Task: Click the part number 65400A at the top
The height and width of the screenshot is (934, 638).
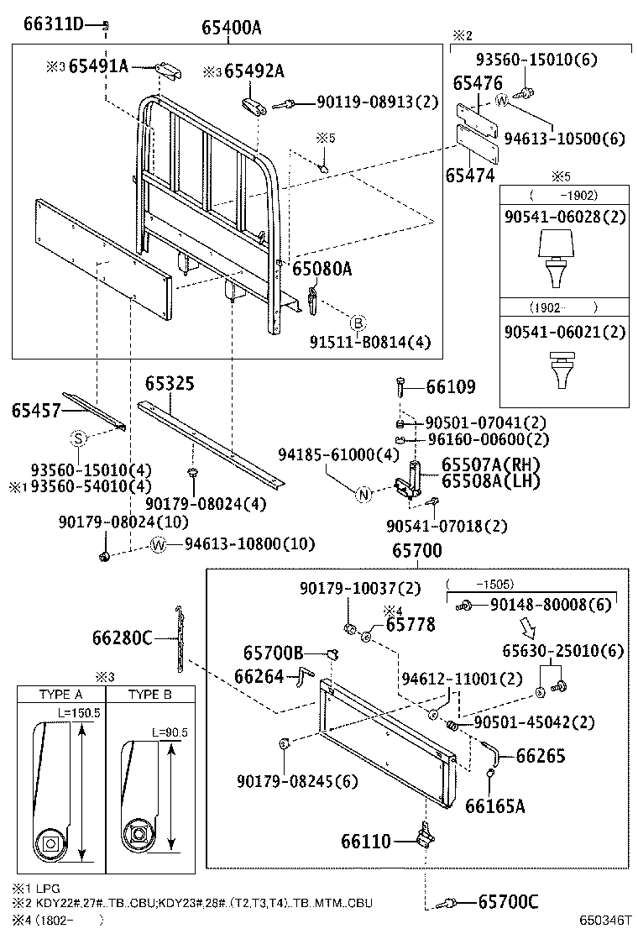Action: click(231, 28)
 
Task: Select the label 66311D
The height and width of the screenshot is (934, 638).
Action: click(53, 24)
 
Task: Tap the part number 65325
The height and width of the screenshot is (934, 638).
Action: click(170, 384)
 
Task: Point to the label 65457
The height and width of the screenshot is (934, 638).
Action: click(36, 410)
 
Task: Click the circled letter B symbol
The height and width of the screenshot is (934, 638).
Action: click(358, 323)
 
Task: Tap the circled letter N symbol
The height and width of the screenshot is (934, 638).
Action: click(363, 495)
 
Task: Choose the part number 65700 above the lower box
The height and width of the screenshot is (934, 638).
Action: click(417, 551)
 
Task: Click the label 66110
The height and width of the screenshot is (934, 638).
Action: click(365, 840)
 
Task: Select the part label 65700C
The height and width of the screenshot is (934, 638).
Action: click(508, 902)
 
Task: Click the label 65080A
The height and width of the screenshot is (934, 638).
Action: click(322, 269)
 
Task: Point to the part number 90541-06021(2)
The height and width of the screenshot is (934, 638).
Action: click(565, 332)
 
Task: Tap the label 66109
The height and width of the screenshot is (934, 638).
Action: click(450, 387)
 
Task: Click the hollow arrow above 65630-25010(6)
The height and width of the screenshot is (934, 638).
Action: click(528, 627)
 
